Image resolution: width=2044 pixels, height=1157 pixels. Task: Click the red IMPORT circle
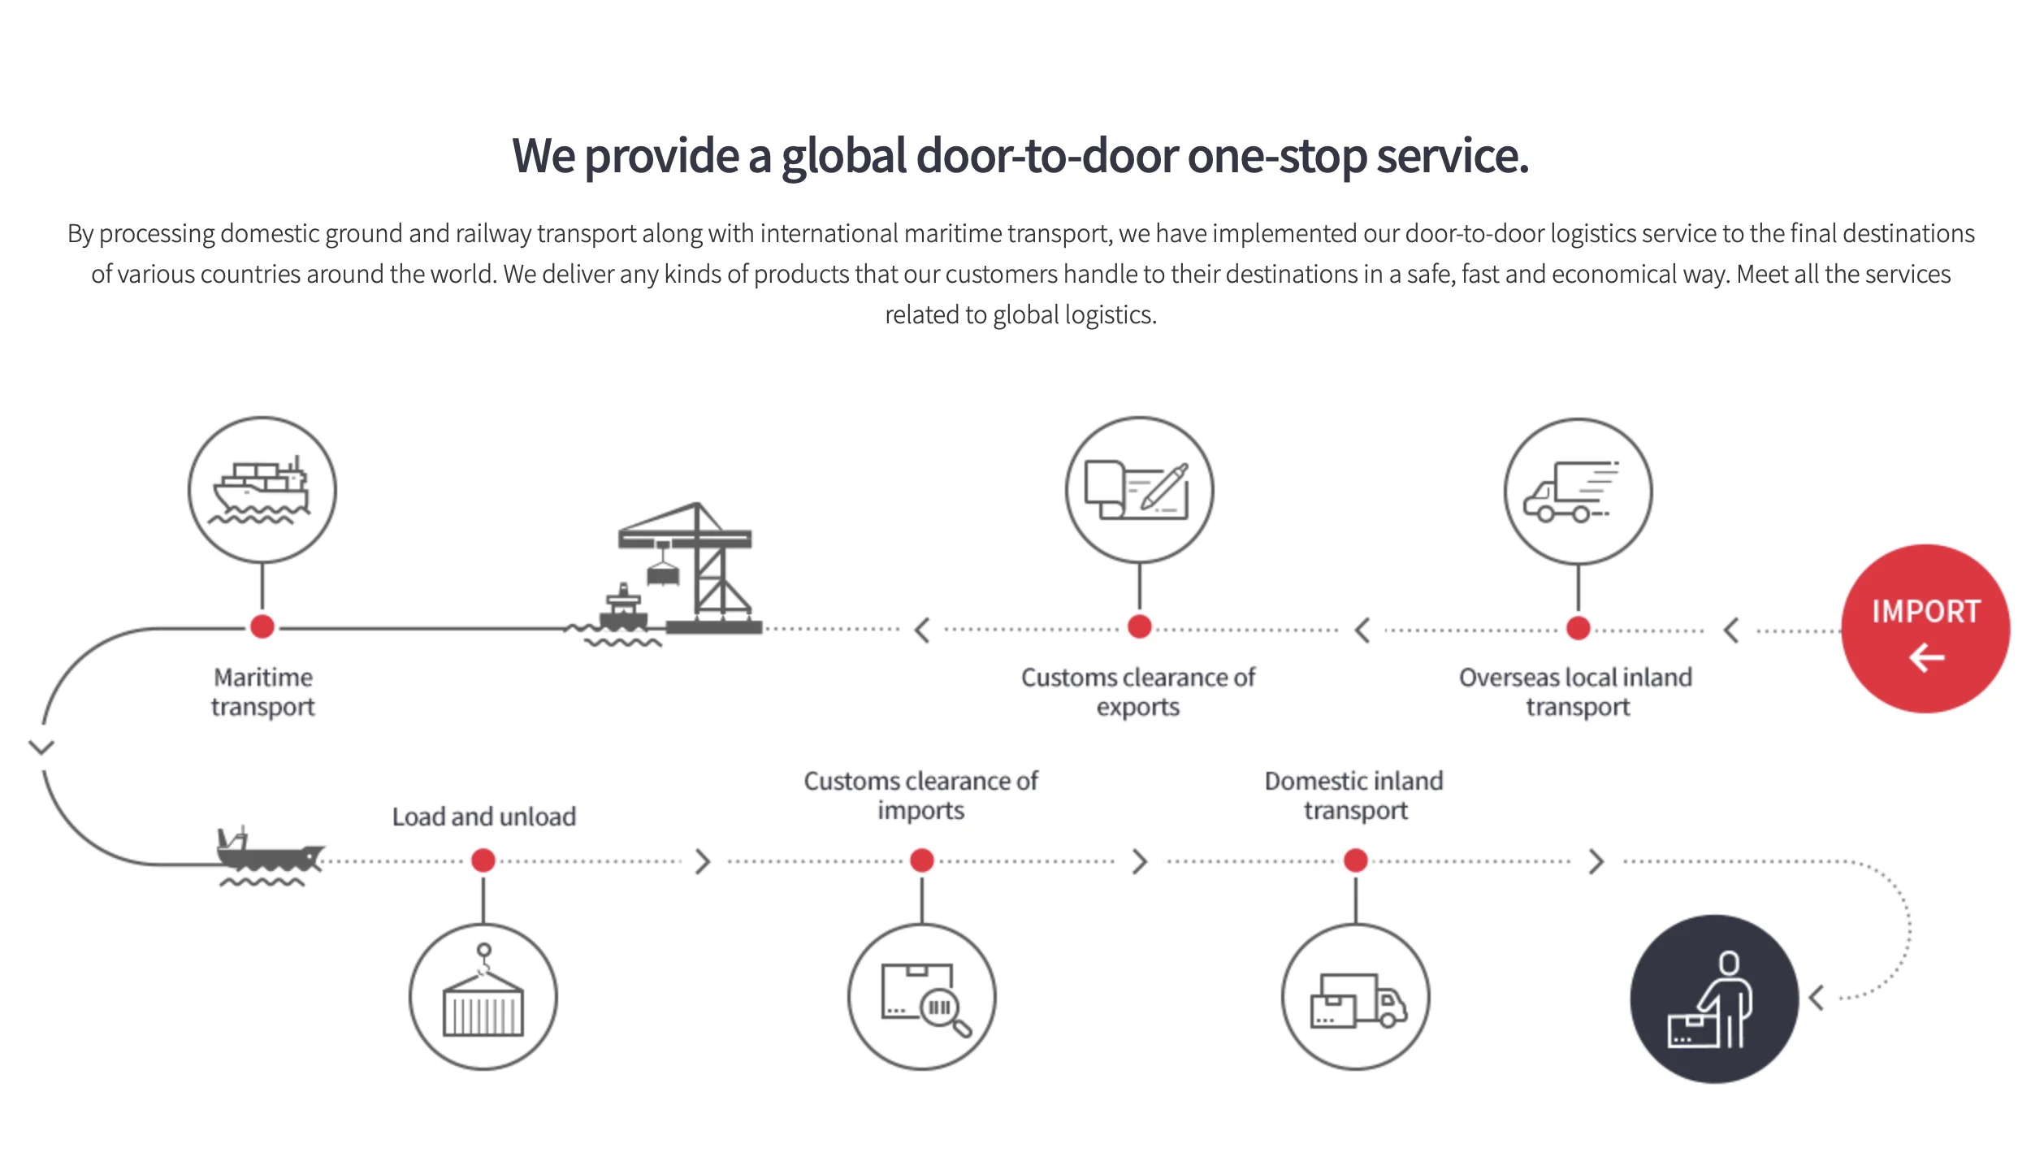pos(1925,628)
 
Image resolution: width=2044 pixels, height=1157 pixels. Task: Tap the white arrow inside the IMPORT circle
pos(1926,657)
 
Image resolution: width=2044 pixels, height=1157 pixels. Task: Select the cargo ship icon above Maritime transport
pos(262,490)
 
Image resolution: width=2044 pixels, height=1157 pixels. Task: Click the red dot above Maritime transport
pos(262,626)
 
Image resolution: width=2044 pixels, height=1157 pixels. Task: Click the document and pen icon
pos(1139,490)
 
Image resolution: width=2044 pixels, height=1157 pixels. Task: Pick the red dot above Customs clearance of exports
pos(1139,626)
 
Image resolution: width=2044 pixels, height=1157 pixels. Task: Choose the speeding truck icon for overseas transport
pos(1577,492)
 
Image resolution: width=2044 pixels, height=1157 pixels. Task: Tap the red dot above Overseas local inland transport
pos(1578,627)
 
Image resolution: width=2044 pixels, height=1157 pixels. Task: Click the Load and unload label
pos(484,817)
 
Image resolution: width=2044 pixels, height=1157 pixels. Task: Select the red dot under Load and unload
pos(483,860)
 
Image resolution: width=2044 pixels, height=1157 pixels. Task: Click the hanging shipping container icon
pos(483,997)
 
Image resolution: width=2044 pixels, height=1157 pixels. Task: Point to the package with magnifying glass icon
pos(922,997)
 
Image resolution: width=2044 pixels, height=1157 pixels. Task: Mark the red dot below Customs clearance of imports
pos(922,860)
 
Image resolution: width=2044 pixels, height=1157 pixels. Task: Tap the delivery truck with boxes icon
pos(1356,997)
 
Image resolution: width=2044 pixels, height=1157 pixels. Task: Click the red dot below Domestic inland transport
pos(1356,860)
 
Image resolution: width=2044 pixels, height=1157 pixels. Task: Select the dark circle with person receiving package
pos(1714,999)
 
